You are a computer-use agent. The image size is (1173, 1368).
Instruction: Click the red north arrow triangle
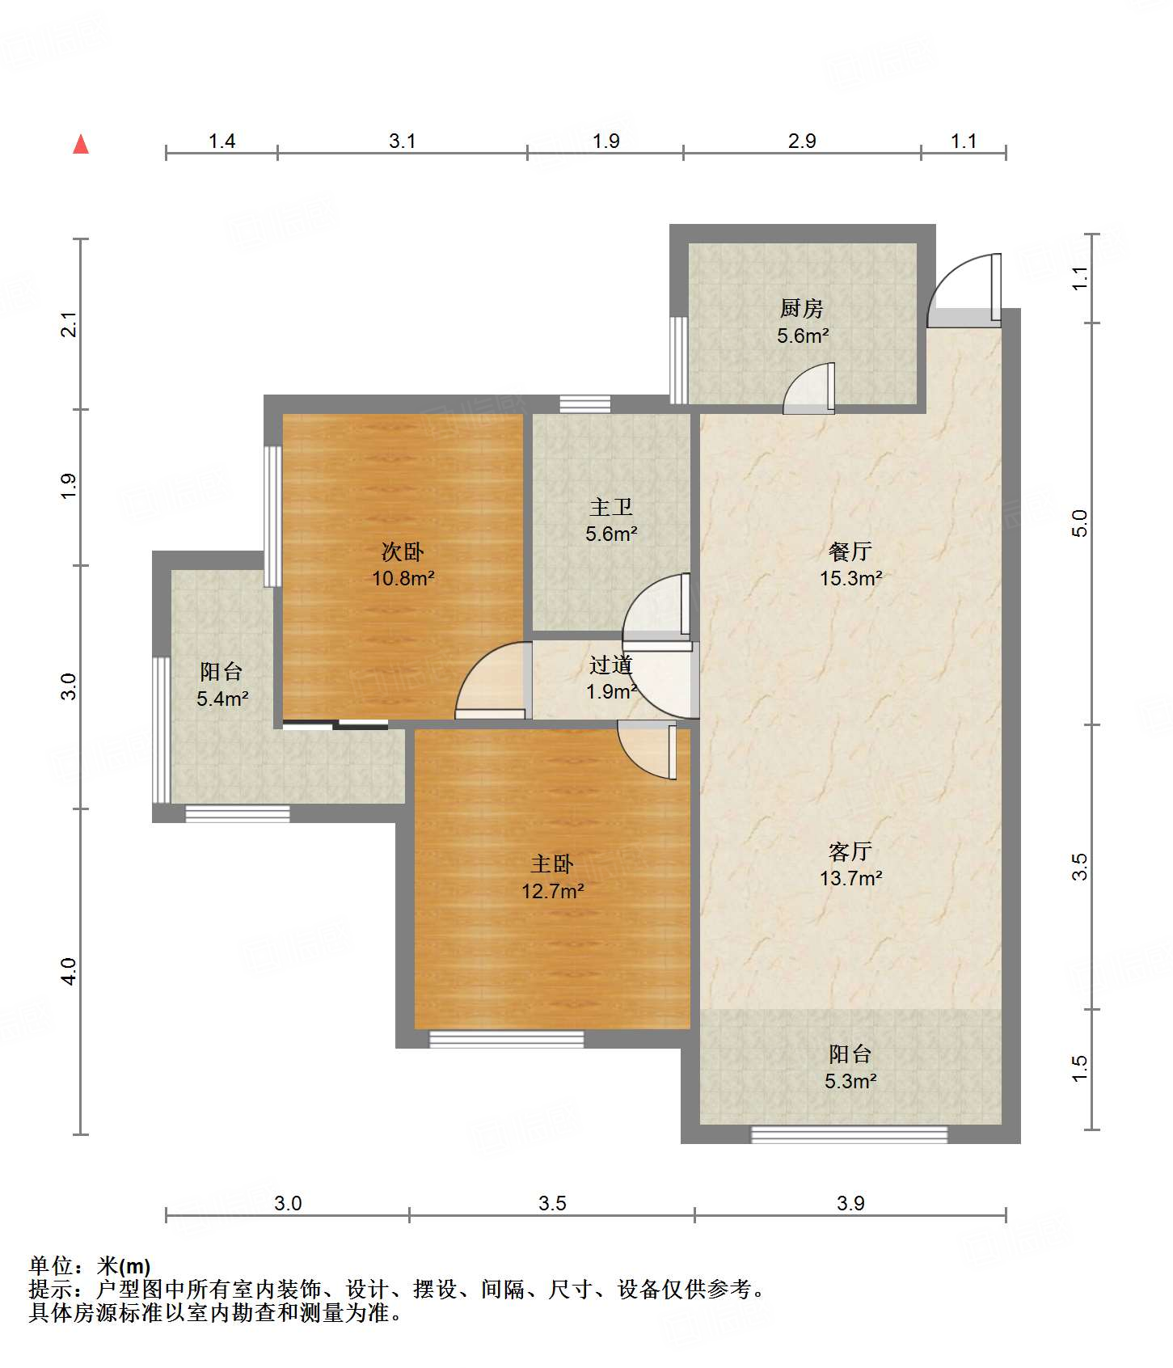[81, 144]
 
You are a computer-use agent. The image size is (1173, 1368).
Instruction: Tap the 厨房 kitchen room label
[801, 308]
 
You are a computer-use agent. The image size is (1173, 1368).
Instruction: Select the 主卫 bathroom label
[611, 507]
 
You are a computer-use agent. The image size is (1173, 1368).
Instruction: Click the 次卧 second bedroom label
[403, 551]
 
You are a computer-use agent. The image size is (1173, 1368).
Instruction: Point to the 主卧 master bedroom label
[552, 863]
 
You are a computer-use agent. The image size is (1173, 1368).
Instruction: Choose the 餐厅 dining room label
[850, 551]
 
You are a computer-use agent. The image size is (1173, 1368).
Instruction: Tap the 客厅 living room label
[850, 851]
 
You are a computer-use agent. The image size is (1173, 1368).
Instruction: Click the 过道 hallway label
[611, 665]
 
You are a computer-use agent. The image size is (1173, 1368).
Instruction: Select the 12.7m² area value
[553, 891]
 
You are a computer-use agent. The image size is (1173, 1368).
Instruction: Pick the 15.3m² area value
[851, 578]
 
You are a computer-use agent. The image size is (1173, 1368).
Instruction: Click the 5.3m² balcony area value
[851, 1081]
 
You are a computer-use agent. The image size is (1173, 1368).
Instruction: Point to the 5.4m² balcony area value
[222, 699]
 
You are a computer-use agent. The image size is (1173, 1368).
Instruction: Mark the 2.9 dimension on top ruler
[802, 141]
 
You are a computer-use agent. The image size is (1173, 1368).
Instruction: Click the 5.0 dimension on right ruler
[1080, 524]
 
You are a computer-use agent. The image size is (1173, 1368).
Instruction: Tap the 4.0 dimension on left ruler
[69, 971]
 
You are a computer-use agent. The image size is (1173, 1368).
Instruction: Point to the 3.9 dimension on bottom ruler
[850, 1203]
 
